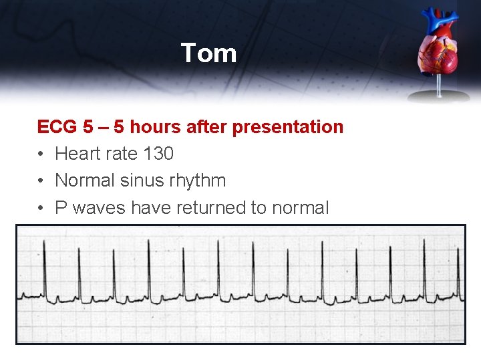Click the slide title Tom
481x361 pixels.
click(x=208, y=53)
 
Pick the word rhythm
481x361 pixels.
click(x=201, y=181)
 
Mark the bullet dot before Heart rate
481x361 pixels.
click(x=41, y=154)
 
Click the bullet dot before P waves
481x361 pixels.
click(x=41, y=209)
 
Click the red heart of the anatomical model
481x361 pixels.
click(x=439, y=57)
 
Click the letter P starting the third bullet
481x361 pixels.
click(x=61, y=208)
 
